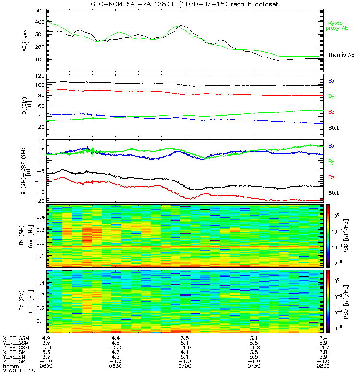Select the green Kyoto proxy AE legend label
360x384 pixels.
(x=338, y=25)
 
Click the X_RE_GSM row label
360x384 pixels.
(x=16, y=338)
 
